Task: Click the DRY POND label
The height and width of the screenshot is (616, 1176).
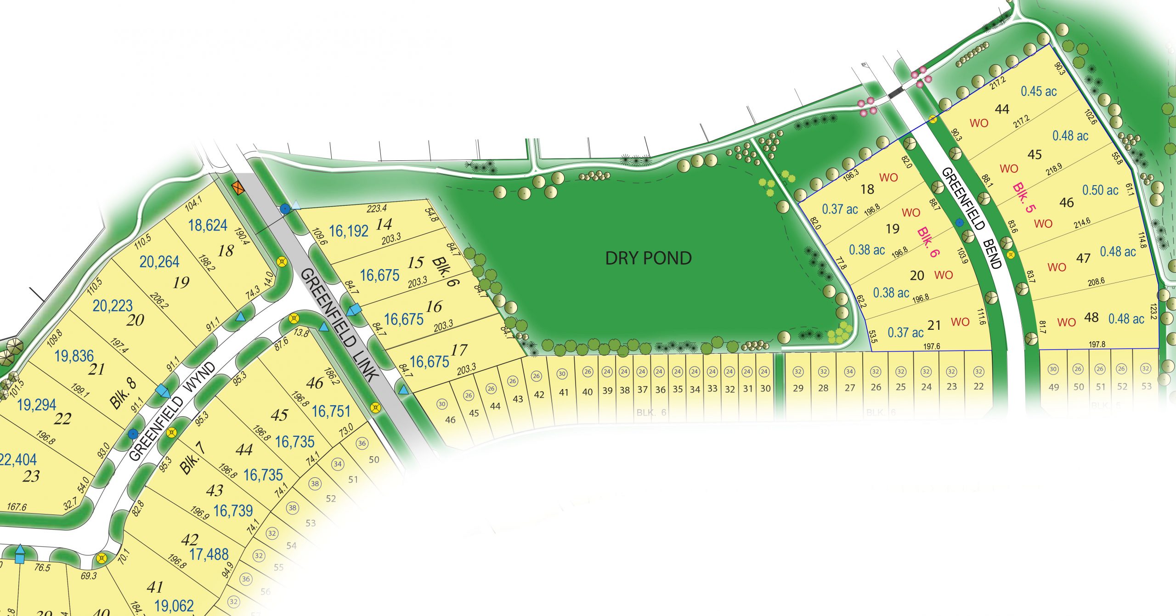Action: pyautogui.click(x=648, y=258)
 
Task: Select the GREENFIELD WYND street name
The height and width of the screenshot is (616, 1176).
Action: pyautogui.click(x=172, y=411)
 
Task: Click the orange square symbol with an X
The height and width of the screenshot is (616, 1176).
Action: pyautogui.click(x=237, y=188)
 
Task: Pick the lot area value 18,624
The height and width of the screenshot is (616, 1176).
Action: pyautogui.click(x=208, y=225)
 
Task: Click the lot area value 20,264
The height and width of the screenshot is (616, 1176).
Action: pyautogui.click(x=159, y=262)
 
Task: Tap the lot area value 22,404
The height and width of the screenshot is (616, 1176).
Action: pyautogui.click(x=18, y=459)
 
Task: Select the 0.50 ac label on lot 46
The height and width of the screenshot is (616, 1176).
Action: pyautogui.click(x=1100, y=190)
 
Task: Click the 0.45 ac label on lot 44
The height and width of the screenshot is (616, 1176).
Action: pyautogui.click(x=1038, y=91)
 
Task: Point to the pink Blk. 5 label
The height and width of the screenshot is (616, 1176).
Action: pyautogui.click(x=1024, y=198)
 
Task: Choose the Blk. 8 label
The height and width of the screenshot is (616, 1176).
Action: pyautogui.click(x=123, y=394)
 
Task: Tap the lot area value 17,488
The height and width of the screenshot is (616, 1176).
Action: pyautogui.click(x=209, y=554)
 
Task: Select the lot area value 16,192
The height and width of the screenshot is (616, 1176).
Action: pyautogui.click(x=349, y=231)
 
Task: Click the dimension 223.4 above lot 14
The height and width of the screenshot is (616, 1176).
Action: pyautogui.click(x=376, y=209)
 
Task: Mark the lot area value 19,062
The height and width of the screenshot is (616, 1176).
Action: pyautogui.click(x=174, y=606)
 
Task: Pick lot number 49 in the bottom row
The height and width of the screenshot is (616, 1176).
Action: pyautogui.click(x=1053, y=387)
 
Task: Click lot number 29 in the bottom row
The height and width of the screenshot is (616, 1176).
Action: pyautogui.click(x=798, y=388)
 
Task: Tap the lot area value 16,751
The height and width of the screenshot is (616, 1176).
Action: pyautogui.click(x=331, y=412)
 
